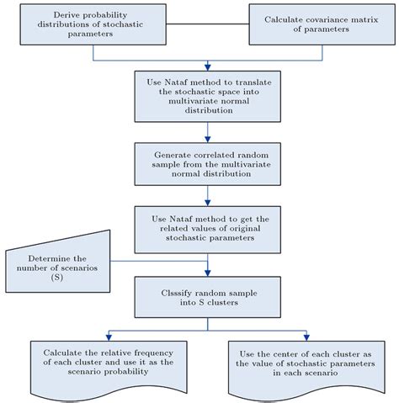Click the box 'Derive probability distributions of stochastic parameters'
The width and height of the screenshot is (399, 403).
coord(92,23)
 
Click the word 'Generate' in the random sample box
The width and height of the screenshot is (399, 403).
coord(170,156)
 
